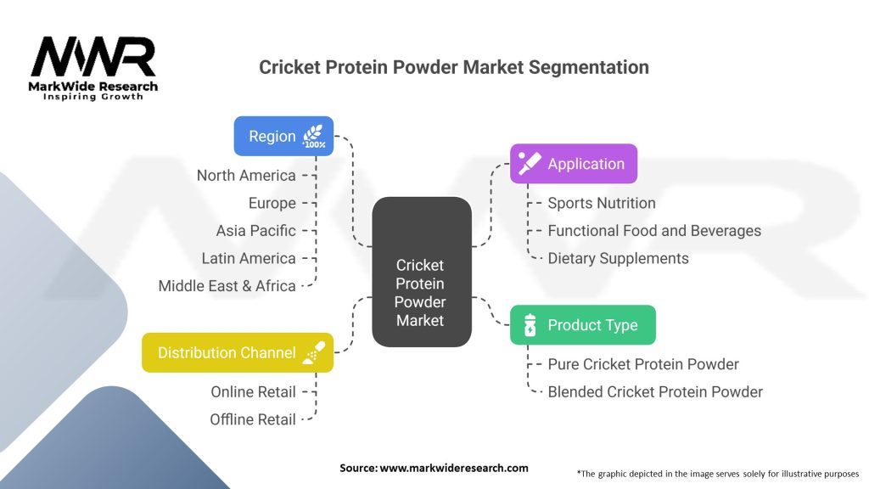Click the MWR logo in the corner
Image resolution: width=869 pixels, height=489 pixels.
click(x=93, y=68)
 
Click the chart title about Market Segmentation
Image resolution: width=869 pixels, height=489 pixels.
click(x=453, y=67)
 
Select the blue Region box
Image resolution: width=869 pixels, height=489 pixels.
click(x=283, y=136)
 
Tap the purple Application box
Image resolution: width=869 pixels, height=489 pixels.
click(x=573, y=164)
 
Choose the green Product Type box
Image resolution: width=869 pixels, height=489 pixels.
click(x=582, y=325)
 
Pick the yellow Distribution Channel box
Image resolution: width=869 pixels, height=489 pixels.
click(x=238, y=352)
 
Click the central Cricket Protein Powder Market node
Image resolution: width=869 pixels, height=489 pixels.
click(x=421, y=272)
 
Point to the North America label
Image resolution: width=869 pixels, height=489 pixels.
click(x=246, y=176)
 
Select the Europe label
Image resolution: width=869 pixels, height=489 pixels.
click(x=272, y=203)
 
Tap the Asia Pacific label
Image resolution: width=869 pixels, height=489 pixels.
click(x=255, y=231)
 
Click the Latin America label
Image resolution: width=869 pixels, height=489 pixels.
click(x=249, y=258)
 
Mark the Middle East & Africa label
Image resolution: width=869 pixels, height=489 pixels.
click(x=227, y=286)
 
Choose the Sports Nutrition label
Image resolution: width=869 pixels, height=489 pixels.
click(x=601, y=203)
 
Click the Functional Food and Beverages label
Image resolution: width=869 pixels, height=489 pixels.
click(x=653, y=231)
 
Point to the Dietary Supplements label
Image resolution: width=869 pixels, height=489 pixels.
click(x=618, y=258)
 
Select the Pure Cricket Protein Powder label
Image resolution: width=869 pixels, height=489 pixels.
click(x=642, y=364)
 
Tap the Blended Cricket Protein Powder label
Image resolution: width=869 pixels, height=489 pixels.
click(x=654, y=392)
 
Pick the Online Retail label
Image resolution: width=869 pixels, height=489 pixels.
click(x=253, y=392)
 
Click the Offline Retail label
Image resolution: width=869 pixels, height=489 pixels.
click(x=253, y=419)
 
